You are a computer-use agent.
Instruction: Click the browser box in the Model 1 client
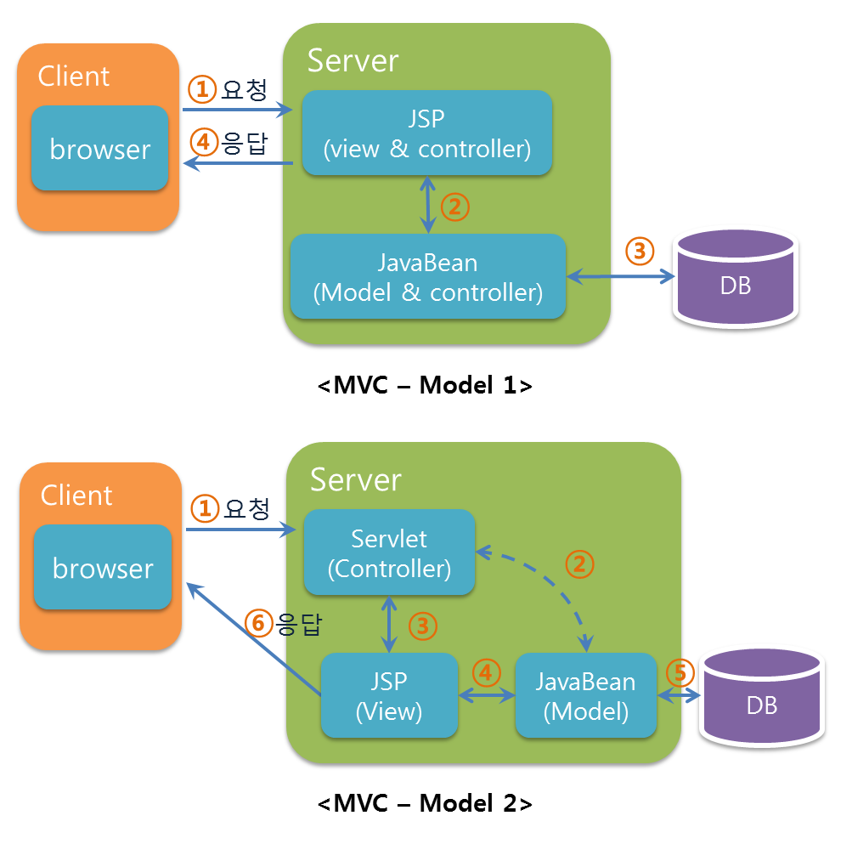tap(99, 148)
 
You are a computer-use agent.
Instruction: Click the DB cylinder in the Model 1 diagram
tap(736, 280)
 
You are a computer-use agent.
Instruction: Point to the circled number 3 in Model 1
tap(640, 251)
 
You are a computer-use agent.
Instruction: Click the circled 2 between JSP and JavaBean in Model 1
tap(455, 207)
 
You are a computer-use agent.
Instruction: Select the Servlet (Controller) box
tap(390, 552)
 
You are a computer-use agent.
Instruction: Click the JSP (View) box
tap(390, 694)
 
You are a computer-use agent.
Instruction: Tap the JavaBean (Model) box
tap(586, 694)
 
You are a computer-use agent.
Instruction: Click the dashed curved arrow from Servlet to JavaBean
tap(552, 586)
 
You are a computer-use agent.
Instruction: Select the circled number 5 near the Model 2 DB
tap(679, 672)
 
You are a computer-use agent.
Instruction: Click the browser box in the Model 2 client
tap(102, 567)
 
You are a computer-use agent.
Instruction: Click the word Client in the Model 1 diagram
tap(74, 76)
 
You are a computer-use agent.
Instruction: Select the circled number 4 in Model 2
tap(486, 671)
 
